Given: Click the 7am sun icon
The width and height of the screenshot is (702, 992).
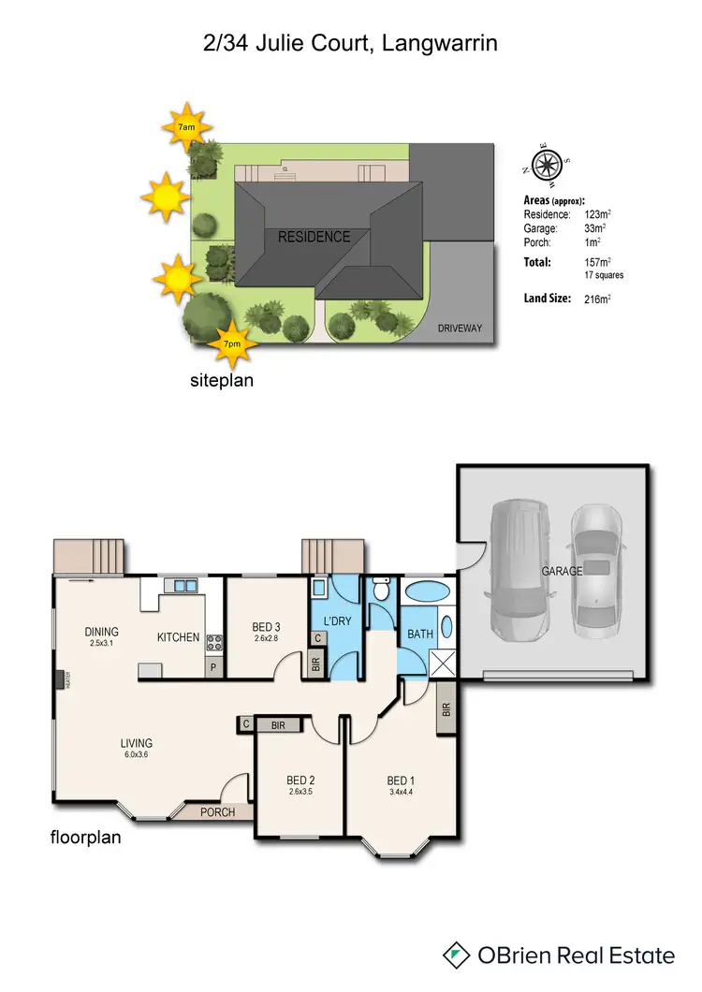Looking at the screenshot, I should click(186, 125).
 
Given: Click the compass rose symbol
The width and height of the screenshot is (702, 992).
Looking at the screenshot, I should click(544, 165).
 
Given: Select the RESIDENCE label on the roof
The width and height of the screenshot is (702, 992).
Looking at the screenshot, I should click(314, 238).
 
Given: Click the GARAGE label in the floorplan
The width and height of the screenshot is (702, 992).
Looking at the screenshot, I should click(562, 571).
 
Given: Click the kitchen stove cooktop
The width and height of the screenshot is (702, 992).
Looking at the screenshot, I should click(213, 642).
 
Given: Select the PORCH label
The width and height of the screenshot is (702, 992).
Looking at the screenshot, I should click(217, 811).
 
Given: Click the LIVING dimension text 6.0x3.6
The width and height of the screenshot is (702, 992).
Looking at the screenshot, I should click(136, 754).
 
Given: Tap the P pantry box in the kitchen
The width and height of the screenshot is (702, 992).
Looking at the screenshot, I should click(212, 668).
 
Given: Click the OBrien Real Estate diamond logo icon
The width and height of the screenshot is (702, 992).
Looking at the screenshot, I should click(457, 956).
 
